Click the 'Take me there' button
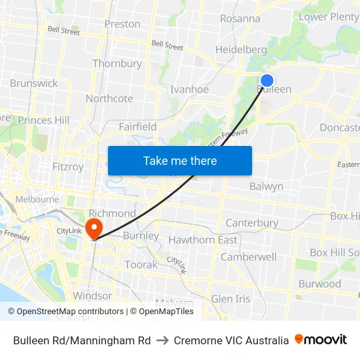point(180,160)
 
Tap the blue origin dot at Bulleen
point(267,81)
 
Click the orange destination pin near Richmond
point(94,227)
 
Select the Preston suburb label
point(122,24)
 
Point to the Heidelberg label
point(241,50)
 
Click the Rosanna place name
point(240,18)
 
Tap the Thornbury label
point(117,63)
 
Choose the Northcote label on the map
point(109,99)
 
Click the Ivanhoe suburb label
point(189,90)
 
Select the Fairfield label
point(137,126)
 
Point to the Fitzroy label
point(68,167)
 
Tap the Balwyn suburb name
point(266,187)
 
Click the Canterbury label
point(252,223)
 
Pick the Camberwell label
point(248,257)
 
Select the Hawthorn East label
point(203,240)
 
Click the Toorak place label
point(141,265)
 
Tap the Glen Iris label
point(230,299)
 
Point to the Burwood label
point(319,284)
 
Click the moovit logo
point(321,340)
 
